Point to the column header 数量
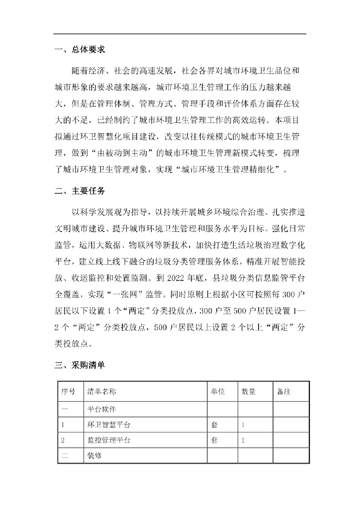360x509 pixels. click(x=249, y=392)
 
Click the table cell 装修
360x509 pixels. click(x=94, y=455)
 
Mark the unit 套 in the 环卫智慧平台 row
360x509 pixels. click(x=215, y=425)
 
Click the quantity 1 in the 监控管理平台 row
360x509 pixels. click(x=243, y=440)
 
